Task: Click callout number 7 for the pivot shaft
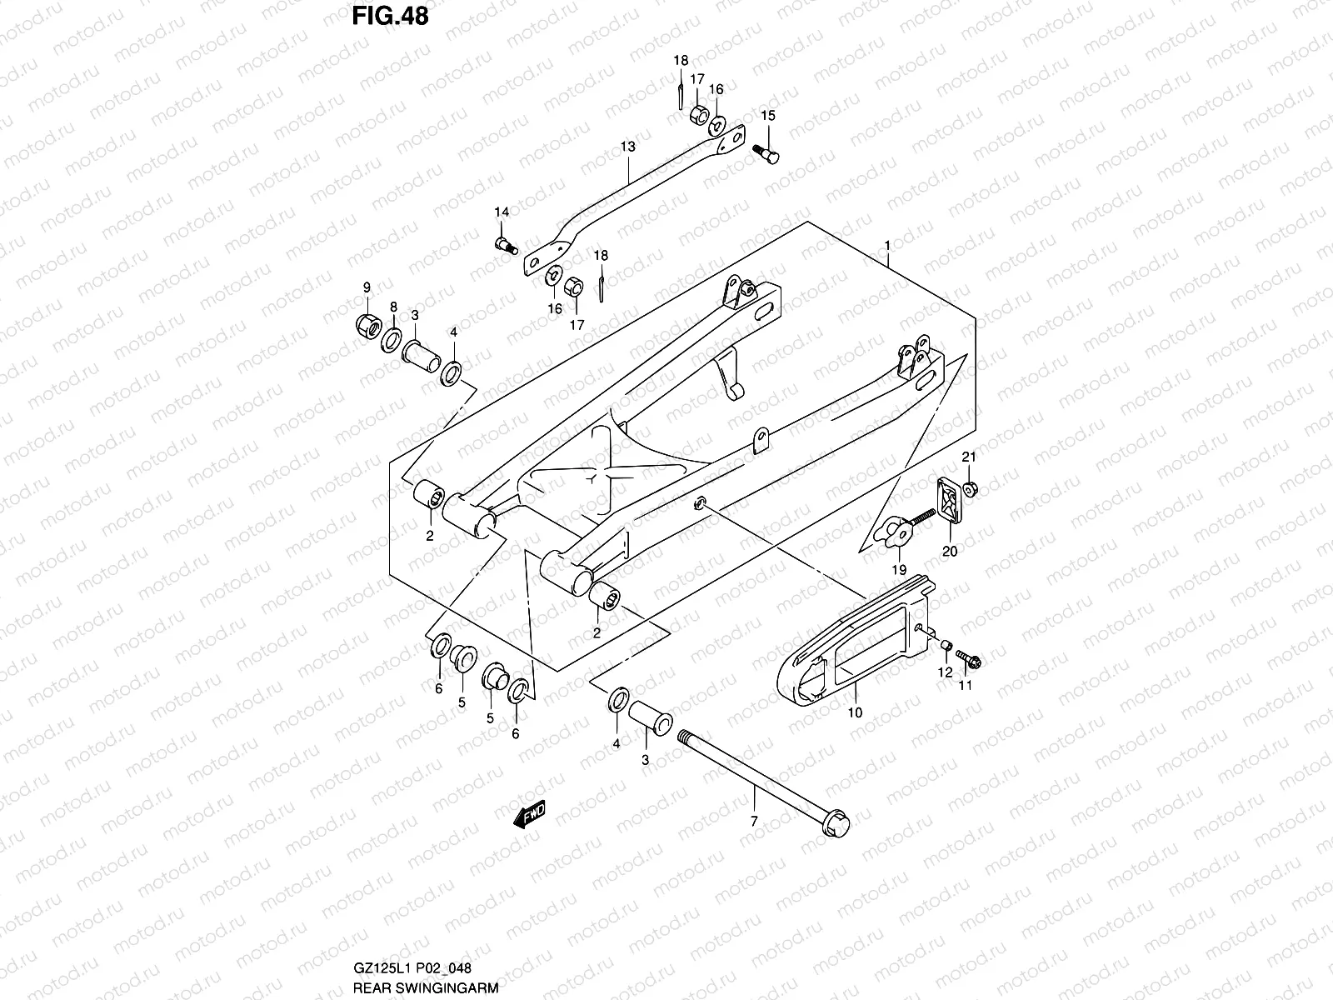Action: point(754,822)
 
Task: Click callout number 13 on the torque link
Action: point(627,147)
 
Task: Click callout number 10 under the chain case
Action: point(855,713)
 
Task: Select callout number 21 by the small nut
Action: point(968,457)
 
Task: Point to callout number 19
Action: point(899,570)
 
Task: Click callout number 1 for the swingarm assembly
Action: point(888,247)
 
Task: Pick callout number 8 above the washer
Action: point(393,307)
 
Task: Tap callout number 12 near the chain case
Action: point(944,672)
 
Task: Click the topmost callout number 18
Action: point(681,60)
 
